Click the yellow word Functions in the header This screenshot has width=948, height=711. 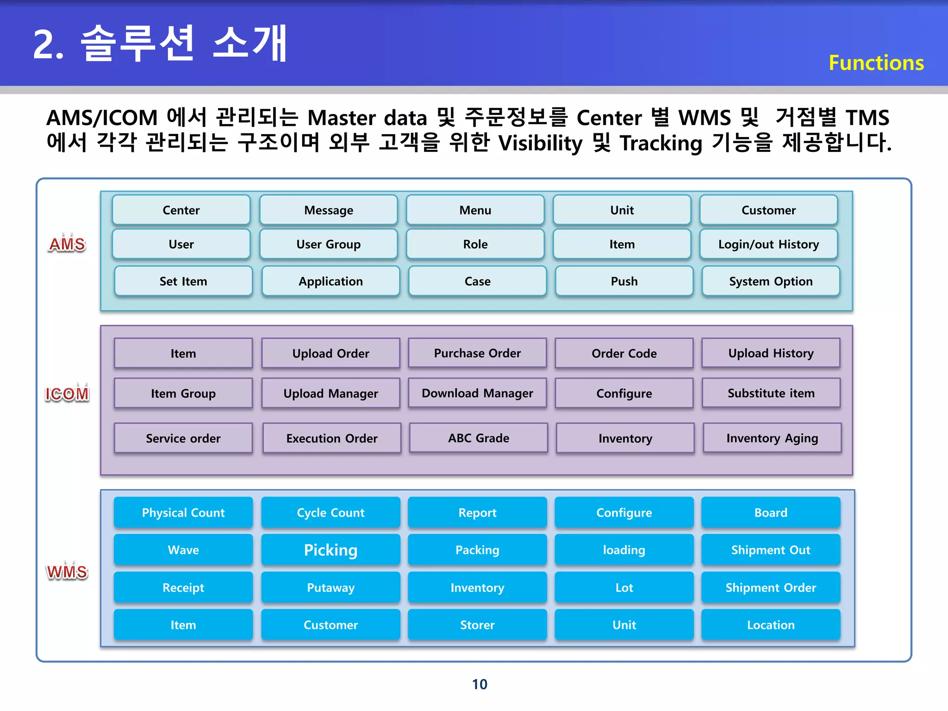coord(876,63)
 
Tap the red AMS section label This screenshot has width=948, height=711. coord(67,244)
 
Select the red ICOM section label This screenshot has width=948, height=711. coord(67,393)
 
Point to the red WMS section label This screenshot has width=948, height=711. coord(67,572)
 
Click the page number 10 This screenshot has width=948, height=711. coord(480,684)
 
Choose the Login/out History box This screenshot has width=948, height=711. coord(768,244)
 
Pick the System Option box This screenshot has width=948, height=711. coord(771,281)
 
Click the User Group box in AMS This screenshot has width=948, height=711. coord(328,244)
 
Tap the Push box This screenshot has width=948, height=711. coord(624,281)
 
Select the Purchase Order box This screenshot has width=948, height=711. coord(477,353)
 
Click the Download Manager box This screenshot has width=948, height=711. coord(477,393)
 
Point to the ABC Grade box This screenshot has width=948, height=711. coord(478,438)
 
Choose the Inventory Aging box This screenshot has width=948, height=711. coord(772,438)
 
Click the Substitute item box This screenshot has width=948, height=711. coord(771,393)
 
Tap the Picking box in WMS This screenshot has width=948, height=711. coord(331,550)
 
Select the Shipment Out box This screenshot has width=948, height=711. coord(771,550)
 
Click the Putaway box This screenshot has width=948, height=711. coord(331,587)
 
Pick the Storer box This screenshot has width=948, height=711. coord(477,625)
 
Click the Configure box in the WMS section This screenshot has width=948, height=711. coord(624,512)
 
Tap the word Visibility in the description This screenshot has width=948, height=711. coord(540,143)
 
